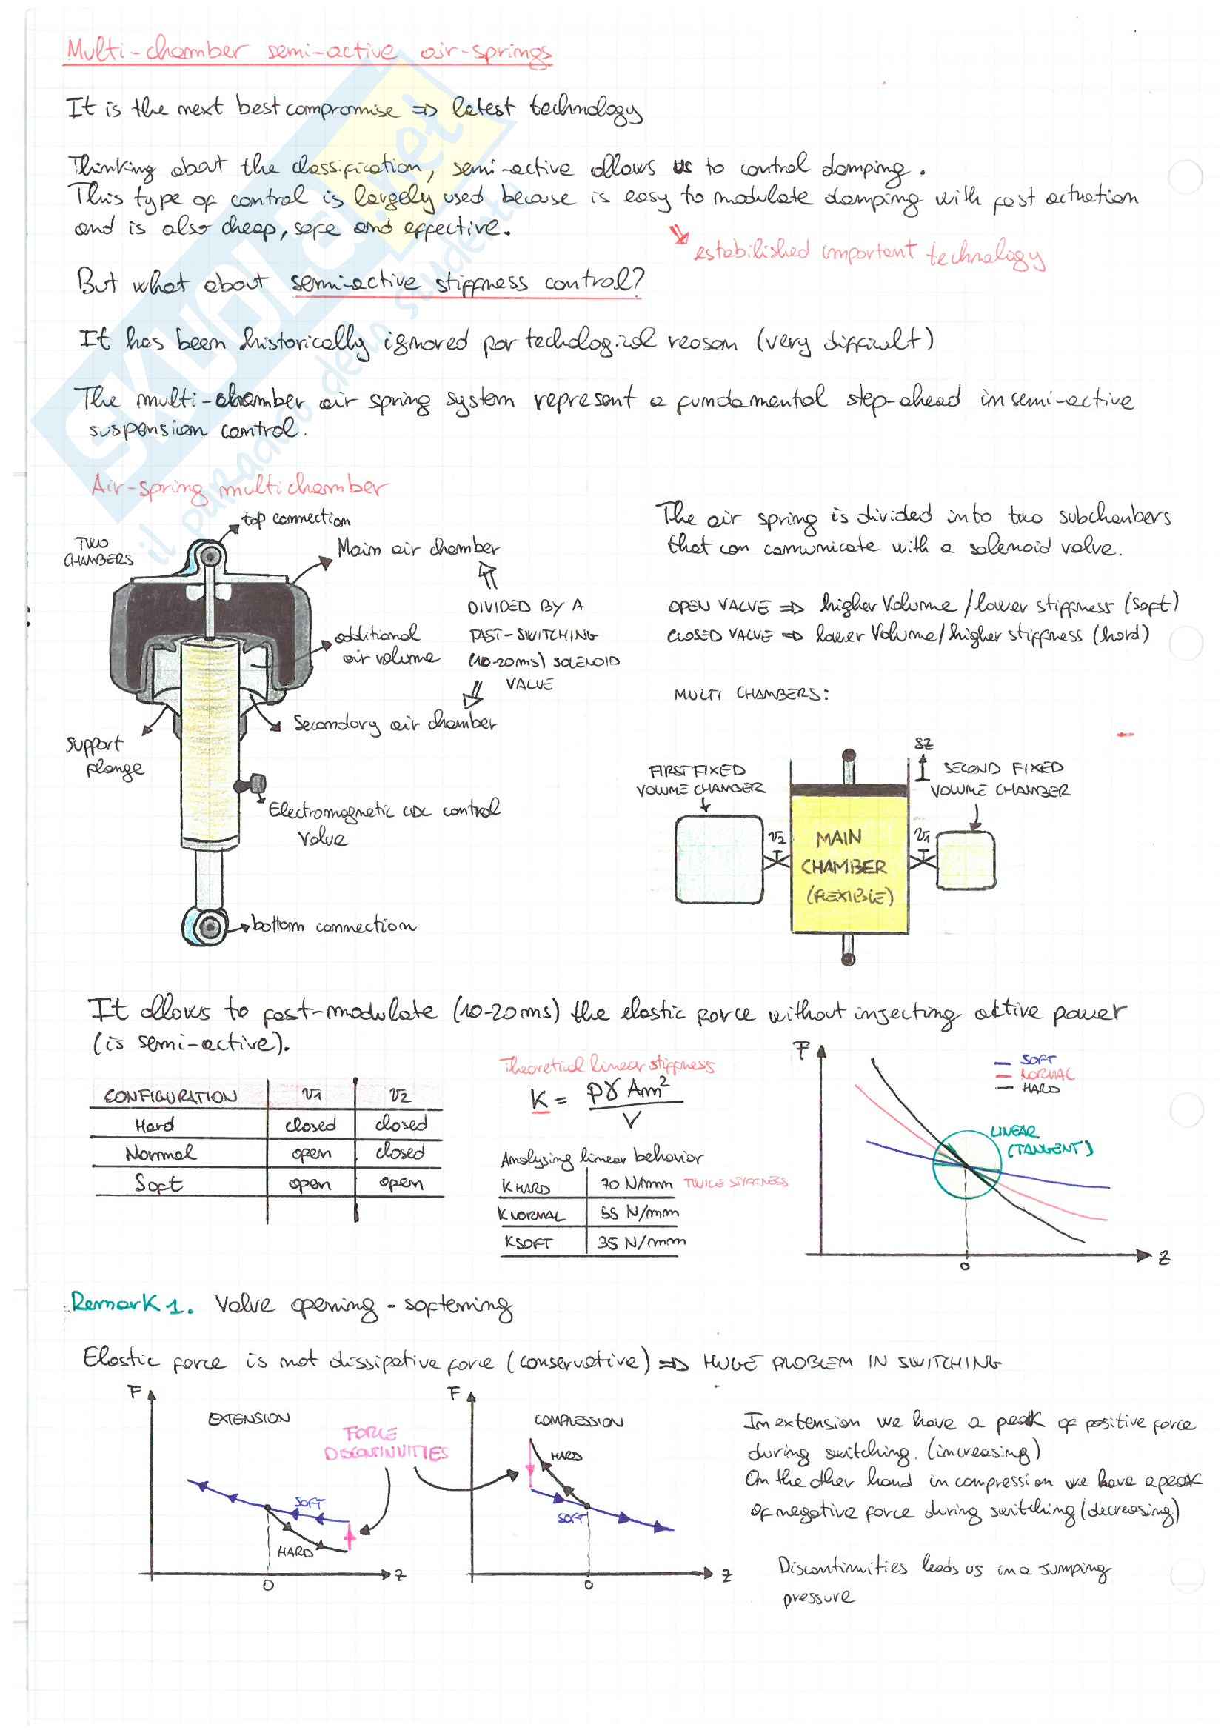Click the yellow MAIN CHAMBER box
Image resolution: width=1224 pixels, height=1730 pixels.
(848, 867)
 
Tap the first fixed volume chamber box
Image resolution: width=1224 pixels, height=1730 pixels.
(718, 859)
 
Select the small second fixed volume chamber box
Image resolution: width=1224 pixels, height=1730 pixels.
(966, 860)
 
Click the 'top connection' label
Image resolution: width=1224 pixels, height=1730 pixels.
(295, 519)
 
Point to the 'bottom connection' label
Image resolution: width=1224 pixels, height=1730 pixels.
(333, 925)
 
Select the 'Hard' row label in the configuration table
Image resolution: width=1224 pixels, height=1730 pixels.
(155, 1126)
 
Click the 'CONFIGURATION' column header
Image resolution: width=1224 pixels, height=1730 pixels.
(170, 1096)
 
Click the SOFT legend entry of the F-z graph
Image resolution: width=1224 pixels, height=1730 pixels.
(1038, 1060)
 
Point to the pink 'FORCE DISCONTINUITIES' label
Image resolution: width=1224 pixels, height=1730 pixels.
(385, 1443)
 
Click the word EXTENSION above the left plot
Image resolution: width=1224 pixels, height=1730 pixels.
(249, 1418)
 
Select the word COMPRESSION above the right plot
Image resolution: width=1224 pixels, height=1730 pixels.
(578, 1421)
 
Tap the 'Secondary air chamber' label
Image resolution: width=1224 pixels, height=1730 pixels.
(394, 724)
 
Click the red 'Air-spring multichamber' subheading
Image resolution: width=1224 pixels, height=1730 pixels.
(239, 488)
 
